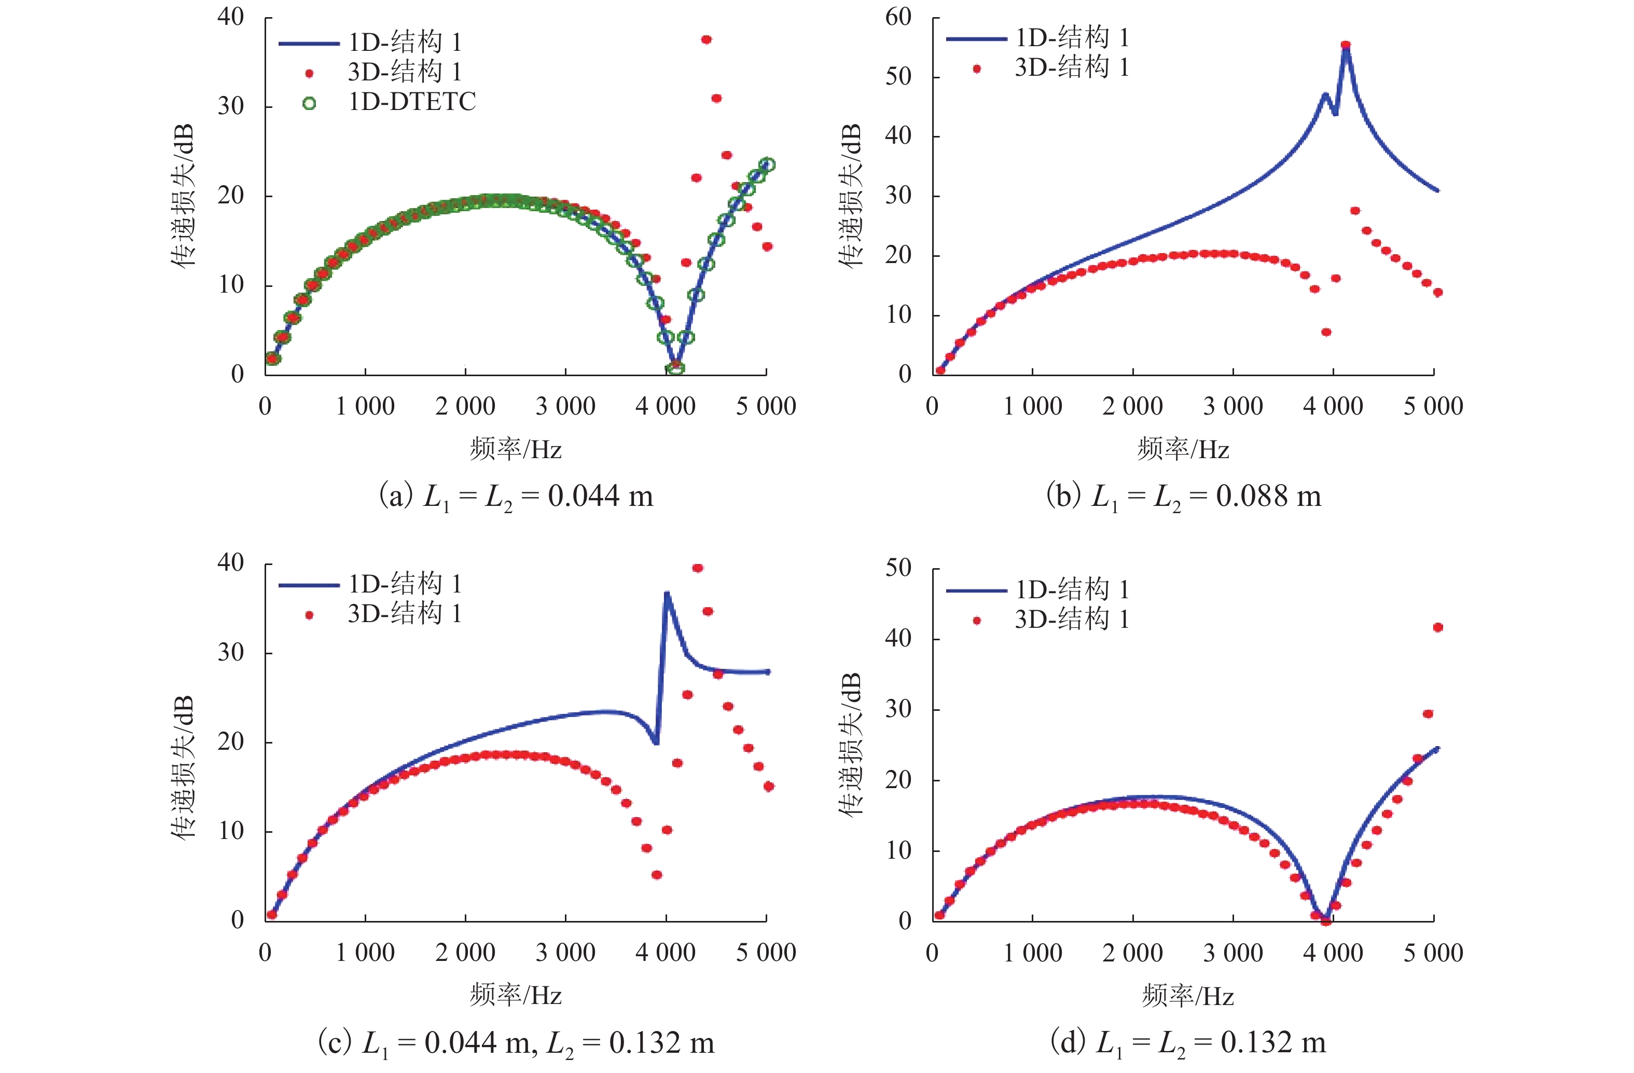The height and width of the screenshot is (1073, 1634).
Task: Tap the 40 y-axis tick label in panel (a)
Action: click(x=231, y=17)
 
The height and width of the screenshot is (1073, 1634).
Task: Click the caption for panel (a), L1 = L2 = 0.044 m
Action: click(x=516, y=496)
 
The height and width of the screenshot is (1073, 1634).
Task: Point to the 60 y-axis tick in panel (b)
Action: click(x=898, y=17)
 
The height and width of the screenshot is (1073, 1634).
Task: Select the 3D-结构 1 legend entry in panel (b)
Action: click(x=1071, y=68)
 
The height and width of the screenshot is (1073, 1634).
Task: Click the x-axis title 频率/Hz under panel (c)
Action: click(x=516, y=995)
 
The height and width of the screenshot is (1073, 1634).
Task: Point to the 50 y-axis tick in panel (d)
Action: click(x=898, y=568)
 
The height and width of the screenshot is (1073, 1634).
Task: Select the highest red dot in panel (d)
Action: click(x=1437, y=627)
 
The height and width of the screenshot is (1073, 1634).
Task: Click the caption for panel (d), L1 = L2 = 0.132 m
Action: click(x=1188, y=1043)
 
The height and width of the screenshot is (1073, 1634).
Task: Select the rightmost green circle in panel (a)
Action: click(x=768, y=165)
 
